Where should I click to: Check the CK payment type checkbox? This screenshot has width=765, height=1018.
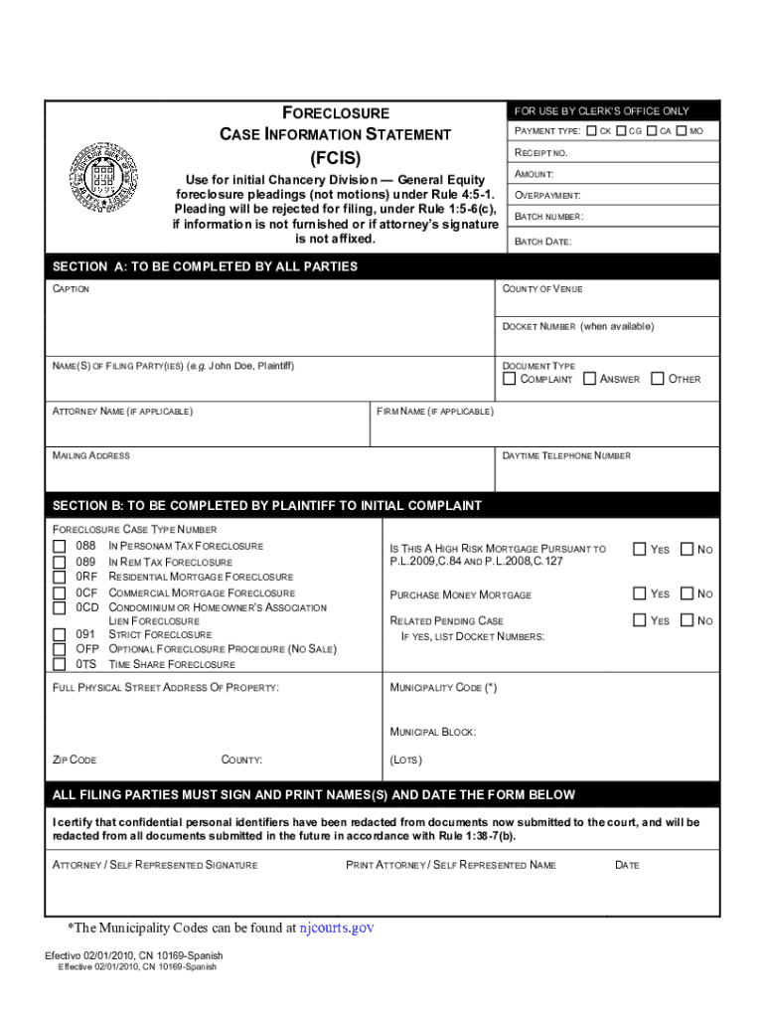coord(592,131)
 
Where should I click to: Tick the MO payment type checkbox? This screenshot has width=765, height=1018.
coord(682,131)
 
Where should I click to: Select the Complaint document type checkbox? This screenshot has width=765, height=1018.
coord(510,379)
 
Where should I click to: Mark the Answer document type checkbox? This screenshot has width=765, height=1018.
coord(589,379)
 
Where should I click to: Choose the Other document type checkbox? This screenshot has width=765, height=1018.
coord(658,379)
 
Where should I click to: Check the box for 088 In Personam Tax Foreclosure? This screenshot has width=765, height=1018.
coord(60,546)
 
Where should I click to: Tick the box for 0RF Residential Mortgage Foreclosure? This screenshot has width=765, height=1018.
coord(60,577)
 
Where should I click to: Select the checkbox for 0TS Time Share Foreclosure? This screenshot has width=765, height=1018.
coord(60,664)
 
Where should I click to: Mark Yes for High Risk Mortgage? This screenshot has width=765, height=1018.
coord(640,549)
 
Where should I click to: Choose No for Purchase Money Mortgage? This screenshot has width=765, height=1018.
coord(687,594)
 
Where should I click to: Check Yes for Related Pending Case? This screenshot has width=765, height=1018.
coord(640,620)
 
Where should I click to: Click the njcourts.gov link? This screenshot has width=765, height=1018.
coord(337,928)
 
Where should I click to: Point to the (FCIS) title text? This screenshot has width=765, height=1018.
coord(335,158)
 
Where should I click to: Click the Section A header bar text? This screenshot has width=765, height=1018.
coord(205,267)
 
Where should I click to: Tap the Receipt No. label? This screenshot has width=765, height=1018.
coord(540,153)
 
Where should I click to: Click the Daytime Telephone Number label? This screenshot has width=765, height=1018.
coord(566,455)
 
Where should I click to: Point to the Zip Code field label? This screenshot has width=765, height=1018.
coord(75,760)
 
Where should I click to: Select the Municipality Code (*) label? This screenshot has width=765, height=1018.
coord(444,688)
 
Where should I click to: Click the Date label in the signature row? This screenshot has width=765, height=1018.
coord(627,865)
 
